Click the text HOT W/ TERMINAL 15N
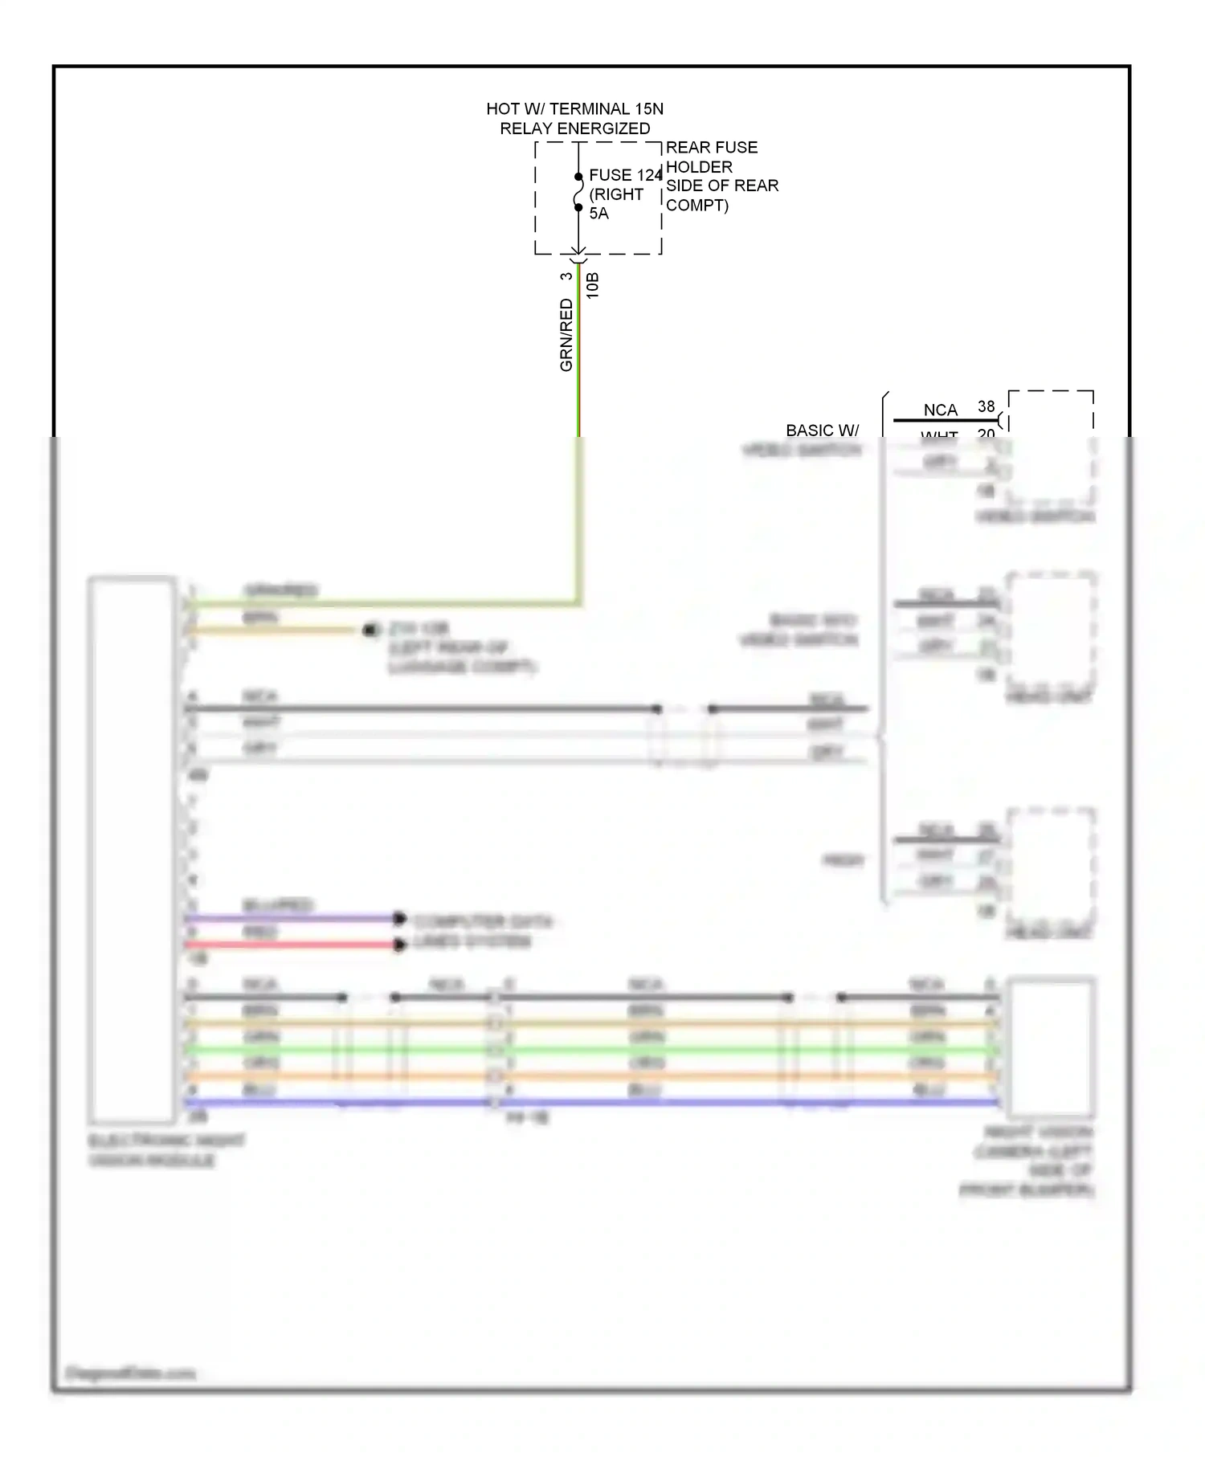click(x=574, y=108)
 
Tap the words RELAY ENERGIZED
click(x=574, y=129)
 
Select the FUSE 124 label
click(x=625, y=175)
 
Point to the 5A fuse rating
click(x=598, y=214)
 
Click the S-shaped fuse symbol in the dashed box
click(x=578, y=192)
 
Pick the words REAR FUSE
click(x=711, y=148)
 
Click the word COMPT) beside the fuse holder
click(x=696, y=206)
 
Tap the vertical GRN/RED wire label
click(x=566, y=335)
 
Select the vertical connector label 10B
click(x=593, y=286)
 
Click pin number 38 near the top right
click(x=986, y=406)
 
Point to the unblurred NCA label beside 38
click(x=940, y=410)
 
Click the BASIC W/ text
click(x=822, y=431)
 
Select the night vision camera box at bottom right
click(x=1051, y=1047)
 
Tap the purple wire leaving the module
click(x=289, y=918)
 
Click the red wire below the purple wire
click(x=289, y=945)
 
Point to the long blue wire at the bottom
click(x=643, y=1103)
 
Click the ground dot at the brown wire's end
click(x=370, y=631)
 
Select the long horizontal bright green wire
click(x=643, y=1050)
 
